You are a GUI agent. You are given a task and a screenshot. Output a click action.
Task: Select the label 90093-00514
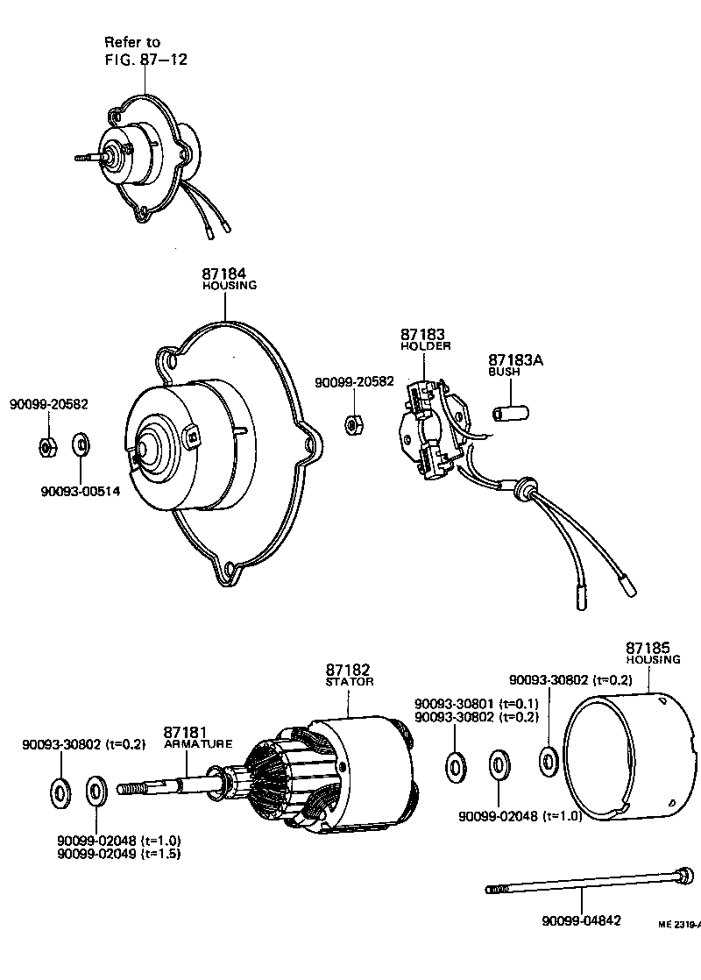coord(80,491)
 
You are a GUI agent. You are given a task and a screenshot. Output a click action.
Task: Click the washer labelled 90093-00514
coord(80,444)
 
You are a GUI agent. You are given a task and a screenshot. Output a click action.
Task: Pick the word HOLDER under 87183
coord(425,346)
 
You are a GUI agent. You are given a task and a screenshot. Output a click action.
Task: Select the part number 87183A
coord(516,359)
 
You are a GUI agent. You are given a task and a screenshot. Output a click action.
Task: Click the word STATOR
coord(350,681)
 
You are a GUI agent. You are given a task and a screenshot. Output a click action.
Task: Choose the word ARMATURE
coord(198,743)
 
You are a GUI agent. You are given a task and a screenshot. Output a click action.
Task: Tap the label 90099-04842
coord(581,920)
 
